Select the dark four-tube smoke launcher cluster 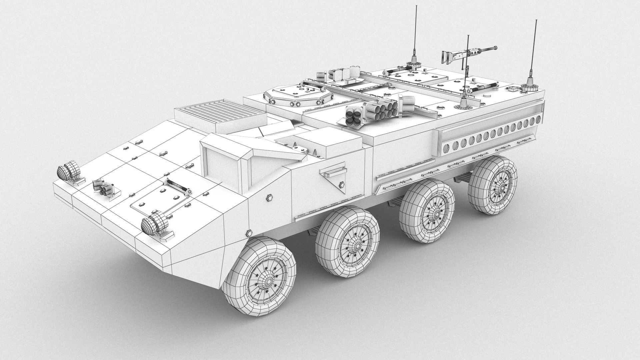click(353, 117)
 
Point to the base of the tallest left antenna click(414, 61)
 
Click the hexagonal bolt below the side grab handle click(342, 184)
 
